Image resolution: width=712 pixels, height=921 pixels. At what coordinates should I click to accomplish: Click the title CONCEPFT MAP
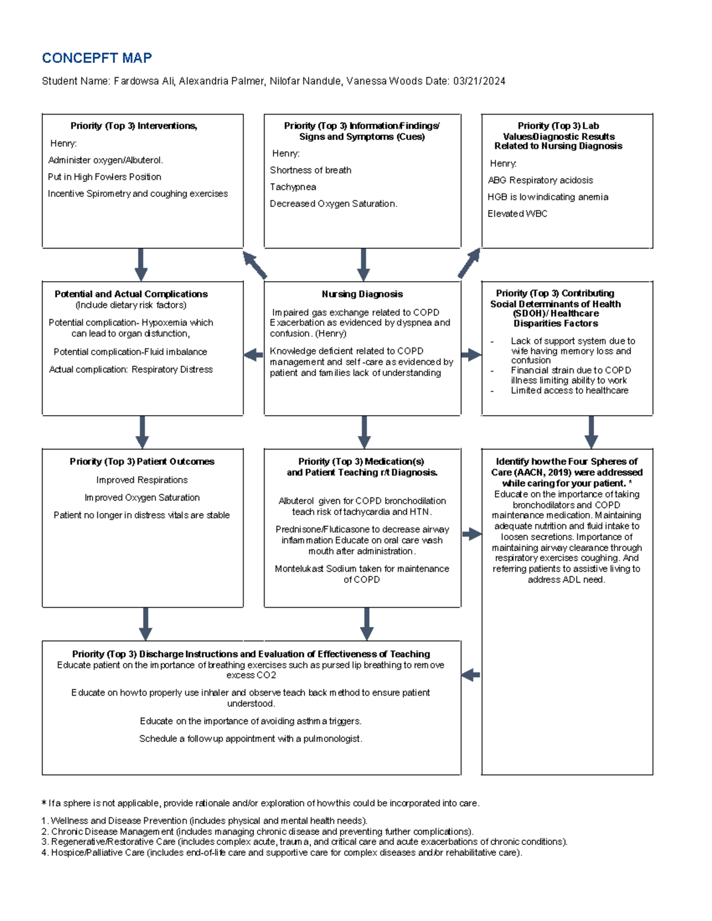point(97,58)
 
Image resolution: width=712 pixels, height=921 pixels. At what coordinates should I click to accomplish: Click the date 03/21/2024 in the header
point(479,81)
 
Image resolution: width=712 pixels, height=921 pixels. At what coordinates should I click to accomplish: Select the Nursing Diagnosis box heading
point(362,294)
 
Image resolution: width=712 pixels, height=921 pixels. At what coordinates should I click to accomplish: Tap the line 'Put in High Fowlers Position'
point(104,177)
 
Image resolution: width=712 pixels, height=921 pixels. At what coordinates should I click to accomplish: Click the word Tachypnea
point(293,187)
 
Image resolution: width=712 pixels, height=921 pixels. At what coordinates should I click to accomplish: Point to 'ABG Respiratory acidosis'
point(540,180)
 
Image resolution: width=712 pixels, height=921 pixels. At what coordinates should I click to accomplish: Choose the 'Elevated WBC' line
point(517,213)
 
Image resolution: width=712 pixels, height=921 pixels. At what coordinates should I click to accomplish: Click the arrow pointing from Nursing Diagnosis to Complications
point(253,355)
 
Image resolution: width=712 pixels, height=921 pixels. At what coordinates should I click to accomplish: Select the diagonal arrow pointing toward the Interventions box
point(255,264)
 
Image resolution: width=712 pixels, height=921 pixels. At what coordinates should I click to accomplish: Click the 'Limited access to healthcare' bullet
point(569,390)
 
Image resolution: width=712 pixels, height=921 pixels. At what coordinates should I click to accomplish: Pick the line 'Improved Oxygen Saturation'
point(142,498)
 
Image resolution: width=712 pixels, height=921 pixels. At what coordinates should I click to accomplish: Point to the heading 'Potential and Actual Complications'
point(131,294)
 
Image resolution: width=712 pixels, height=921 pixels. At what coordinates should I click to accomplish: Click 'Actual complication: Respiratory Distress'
point(131,369)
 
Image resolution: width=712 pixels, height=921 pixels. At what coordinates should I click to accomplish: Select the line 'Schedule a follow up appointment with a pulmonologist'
point(250,739)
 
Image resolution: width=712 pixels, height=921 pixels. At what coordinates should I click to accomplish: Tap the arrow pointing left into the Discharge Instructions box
point(471,675)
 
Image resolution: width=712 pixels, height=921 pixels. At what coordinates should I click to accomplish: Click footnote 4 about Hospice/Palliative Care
point(282,853)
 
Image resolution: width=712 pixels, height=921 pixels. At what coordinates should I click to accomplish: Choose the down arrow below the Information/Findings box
point(363,264)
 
